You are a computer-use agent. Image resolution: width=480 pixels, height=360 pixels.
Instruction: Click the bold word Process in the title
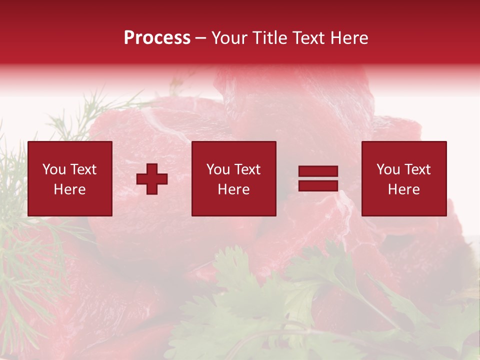157,38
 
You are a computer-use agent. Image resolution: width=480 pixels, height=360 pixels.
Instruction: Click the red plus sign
152,179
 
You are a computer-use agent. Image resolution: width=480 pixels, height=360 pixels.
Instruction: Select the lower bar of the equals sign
318,185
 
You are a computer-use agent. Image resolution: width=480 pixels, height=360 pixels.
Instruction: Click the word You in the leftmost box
54,169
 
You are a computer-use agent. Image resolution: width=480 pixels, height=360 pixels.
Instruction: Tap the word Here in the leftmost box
69,189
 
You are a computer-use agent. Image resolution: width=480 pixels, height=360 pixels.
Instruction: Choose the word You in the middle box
218,169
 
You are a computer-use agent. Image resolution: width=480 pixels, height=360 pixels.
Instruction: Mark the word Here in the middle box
233,189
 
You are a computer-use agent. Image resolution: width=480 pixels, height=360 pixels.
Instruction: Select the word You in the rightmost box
388,169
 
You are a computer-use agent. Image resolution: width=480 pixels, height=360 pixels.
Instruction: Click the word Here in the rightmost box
403,189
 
